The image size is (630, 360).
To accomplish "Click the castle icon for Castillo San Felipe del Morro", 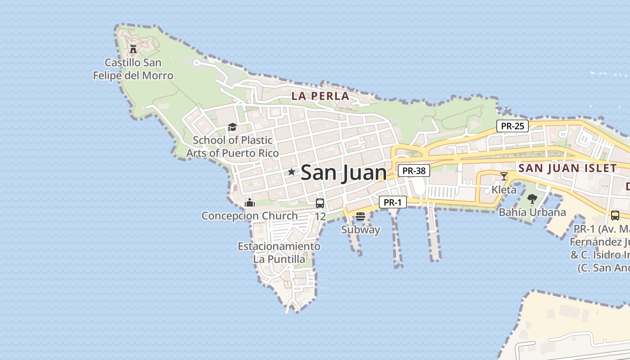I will pyautogui.click(x=133, y=49).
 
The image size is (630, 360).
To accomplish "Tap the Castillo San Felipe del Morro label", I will pyautogui.click(x=133, y=69).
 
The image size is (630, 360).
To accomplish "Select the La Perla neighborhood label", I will pyautogui.click(x=320, y=96).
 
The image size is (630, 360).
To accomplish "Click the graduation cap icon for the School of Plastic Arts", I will pyautogui.click(x=232, y=127).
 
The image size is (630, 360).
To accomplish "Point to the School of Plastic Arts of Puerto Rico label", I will pyautogui.click(x=233, y=147).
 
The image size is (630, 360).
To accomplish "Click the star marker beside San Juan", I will pyautogui.click(x=292, y=172).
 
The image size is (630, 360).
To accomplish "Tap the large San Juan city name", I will pyautogui.click(x=343, y=173).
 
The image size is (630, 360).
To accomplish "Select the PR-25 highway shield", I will pyautogui.click(x=513, y=126).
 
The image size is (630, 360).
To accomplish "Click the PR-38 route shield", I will pyautogui.click(x=414, y=171).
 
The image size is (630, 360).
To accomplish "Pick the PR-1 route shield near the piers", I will pyautogui.click(x=392, y=202).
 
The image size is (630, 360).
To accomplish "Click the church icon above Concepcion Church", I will pyautogui.click(x=250, y=202).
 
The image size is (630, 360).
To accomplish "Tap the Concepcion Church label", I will pyautogui.click(x=250, y=216).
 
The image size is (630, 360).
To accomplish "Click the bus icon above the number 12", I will pyautogui.click(x=320, y=203).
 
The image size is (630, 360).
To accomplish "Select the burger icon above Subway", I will pyautogui.click(x=360, y=216).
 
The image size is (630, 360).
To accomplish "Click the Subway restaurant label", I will pyautogui.click(x=360, y=230).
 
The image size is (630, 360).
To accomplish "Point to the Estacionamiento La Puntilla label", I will pyautogui.click(x=279, y=253).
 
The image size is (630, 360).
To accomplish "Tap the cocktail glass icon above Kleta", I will pyautogui.click(x=504, y=176).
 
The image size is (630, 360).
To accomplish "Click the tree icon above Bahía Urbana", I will pyautogui.click(x=532, y=198).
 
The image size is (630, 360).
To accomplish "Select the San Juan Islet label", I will pyautogui.click(x=567, y=168).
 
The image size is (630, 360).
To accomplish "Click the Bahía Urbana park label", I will pyautogui.click(x=532, y=212).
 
